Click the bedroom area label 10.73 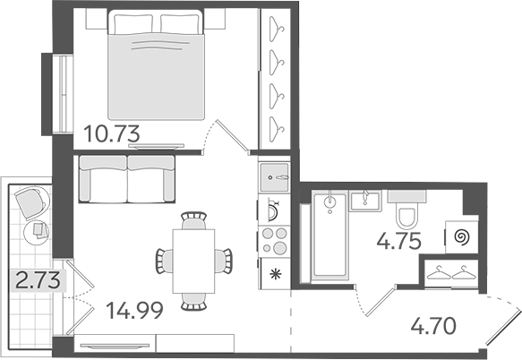tap(112, 133)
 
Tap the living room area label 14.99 tap(134, 310)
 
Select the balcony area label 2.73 tap(39, 280)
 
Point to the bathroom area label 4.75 tap(399, 241)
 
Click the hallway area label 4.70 tap(433, 326)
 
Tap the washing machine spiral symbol tap(463, 237)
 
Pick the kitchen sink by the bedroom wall tap(274, 177)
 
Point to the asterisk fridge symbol tap(276, 274)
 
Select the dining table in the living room tap(193, 261)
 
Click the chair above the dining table tap(193, 220)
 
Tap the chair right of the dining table tap(223, 261)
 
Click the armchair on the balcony tap(30, 202)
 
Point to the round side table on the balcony tap(37, 233)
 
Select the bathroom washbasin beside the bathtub tap(365, 201)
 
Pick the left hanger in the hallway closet tap(439, 273)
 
